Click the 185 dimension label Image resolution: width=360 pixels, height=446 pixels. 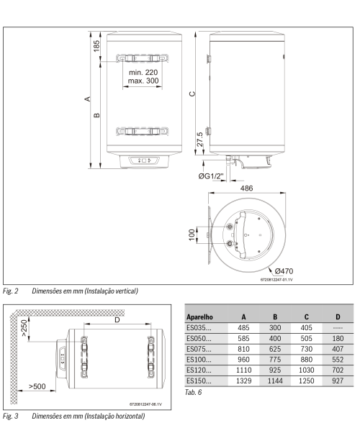point(96,46)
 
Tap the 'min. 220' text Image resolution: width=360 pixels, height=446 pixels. point(143,72)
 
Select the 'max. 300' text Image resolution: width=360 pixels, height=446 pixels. point(143,81)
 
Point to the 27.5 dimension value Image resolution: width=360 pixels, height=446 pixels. point(199,139)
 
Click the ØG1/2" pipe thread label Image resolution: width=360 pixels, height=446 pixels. point(211,176)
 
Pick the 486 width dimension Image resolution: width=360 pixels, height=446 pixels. point(246,188)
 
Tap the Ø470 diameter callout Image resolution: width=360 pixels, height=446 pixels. point(284,271)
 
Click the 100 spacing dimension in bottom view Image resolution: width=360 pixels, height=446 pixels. point(192,235)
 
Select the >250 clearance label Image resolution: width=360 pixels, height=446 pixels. point(24,328)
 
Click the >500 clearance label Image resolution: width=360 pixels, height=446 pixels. point(37,386)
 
